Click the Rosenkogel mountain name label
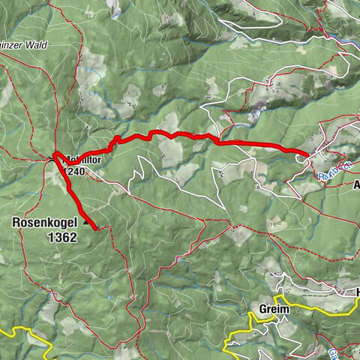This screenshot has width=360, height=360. point(44,222)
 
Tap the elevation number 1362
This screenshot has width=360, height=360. point(61,236)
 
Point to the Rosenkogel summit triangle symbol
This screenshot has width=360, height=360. point(86,222)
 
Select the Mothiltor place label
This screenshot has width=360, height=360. point(82,159)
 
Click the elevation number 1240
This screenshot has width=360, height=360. point(75,171)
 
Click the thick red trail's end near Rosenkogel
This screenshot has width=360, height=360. point(97,226)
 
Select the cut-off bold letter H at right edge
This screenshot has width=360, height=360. point(357,292)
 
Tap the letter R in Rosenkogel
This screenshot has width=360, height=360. point(16,222)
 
